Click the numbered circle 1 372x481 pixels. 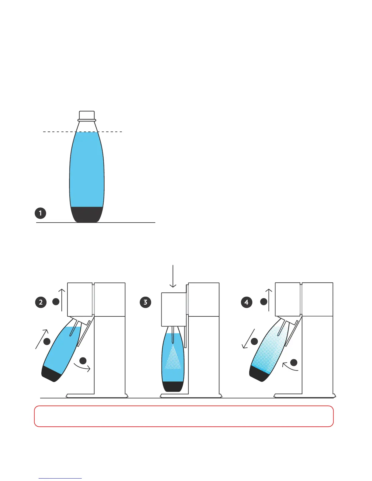tap(40, 213)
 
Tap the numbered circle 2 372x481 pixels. tap(41, 302)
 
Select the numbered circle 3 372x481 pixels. tap(145, 302)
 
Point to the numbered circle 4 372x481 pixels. tap(246, 302)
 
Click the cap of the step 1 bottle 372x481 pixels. tap(87, 115)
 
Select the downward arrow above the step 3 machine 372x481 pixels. tap(173, 276)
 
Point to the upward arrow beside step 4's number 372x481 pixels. tap(269, 300)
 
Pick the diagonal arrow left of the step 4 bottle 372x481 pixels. tap(247, 339)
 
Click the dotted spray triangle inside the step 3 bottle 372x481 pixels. tap(173, 358)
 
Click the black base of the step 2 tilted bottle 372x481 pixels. tap(52, 374)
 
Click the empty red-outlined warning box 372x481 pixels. tap(184, 416)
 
